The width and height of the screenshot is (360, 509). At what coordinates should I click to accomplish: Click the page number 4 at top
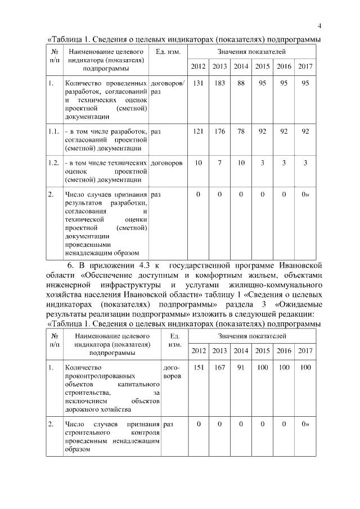[x=319, y=26]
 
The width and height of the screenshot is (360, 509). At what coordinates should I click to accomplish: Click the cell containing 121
[x=198, y=131]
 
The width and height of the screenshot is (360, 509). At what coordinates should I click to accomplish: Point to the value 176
[x=219, y=131]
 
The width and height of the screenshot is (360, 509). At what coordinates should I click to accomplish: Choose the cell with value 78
[x=241, y=131]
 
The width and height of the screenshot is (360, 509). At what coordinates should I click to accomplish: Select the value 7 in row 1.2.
[x=219, y=163]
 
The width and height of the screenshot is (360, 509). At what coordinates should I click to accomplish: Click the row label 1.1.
[x=54, y=131]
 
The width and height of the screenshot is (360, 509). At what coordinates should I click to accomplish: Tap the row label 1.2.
[x=54, y=163]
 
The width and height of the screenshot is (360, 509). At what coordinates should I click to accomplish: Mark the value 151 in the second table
[x=198, y=367]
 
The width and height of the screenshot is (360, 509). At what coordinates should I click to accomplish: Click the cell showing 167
[x=219, y=367]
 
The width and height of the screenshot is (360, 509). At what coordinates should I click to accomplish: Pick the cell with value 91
[x=241, y=367]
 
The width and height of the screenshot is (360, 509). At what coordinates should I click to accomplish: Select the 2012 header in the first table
[x=198, y=67]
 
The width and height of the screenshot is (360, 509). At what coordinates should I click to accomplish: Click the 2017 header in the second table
[x=305, y=351]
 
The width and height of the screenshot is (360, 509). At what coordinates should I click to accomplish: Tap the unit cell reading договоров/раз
[x=167, y=87]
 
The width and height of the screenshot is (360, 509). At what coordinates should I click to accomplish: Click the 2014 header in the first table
[x=241, y=67]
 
